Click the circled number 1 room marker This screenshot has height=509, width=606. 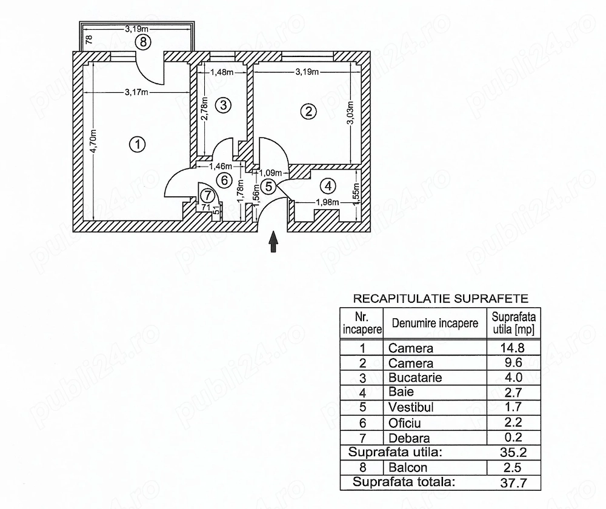[137, 145]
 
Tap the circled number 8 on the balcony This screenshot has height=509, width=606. [143, 42]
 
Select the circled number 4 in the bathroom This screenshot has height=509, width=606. [328, 186]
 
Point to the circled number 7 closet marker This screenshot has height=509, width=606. [208, 195]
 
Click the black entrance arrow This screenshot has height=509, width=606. [274, 242]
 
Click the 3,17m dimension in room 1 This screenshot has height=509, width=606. [136, 92]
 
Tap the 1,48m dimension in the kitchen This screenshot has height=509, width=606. [222, 72]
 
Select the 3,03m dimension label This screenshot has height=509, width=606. [350, 113]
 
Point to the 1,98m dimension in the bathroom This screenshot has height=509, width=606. [327, 202]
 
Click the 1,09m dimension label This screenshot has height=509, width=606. [270, 173]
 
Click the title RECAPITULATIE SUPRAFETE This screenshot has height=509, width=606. [441, 299]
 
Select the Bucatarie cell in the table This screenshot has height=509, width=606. [415, 378]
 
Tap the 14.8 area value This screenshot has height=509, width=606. [513, 348]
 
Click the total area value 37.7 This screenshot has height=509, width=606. [513, 483]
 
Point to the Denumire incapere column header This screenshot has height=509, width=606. [435, 323]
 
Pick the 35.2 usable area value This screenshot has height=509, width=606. [513, 452]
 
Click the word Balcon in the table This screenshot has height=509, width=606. [408, 468]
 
